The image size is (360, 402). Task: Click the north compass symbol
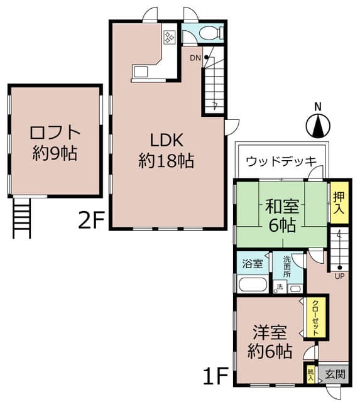[318, 126]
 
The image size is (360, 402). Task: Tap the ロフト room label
[55, 133]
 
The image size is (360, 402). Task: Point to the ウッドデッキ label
[280, 160]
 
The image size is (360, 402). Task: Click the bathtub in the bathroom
[251, 283]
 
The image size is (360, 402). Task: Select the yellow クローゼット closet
[315, 317]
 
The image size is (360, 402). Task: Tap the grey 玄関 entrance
[335, 374]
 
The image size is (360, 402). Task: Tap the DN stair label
[195, 58]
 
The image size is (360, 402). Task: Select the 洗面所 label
[286, 266]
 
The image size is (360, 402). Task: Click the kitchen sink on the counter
[140, 71]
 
